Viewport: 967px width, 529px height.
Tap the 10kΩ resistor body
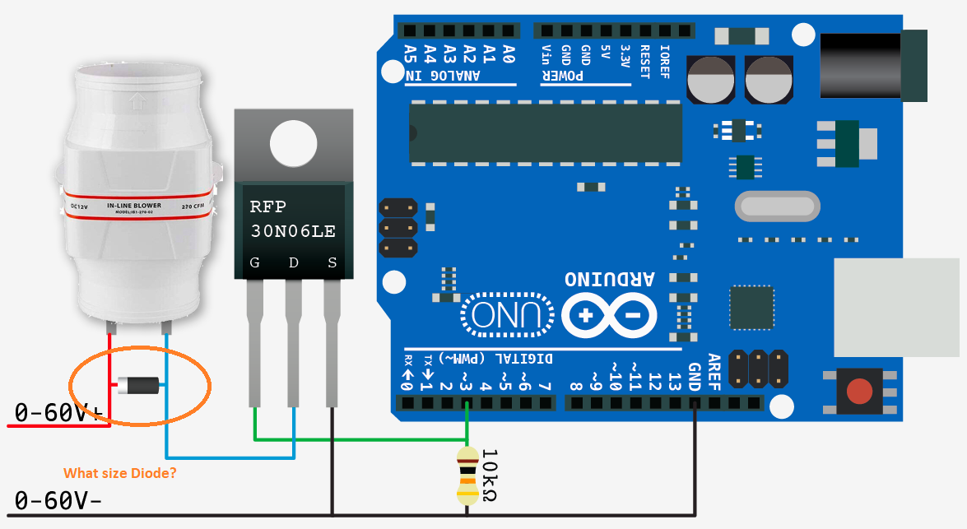[467, 476]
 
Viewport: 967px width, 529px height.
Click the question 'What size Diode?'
[120, 473]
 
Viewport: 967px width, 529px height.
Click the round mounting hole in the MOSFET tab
[293, 144]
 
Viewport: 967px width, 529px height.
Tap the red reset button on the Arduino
[859, 391]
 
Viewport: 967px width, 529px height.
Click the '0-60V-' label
[58, 499]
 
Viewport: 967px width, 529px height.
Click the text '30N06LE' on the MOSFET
[293, 231]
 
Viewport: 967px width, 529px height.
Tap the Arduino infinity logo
[609, 315]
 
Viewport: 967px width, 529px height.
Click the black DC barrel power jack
[872, 66]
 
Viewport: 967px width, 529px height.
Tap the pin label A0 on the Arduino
[508, 54]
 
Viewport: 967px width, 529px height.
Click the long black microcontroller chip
[546, 132]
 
